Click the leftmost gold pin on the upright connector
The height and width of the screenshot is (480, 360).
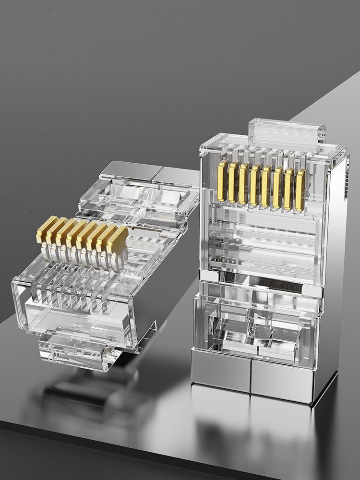(222, 181)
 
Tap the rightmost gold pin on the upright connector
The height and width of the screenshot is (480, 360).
(300, 191)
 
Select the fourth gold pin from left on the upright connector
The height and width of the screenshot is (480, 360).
(255, 185)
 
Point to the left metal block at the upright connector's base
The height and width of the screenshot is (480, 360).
(220, 369)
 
